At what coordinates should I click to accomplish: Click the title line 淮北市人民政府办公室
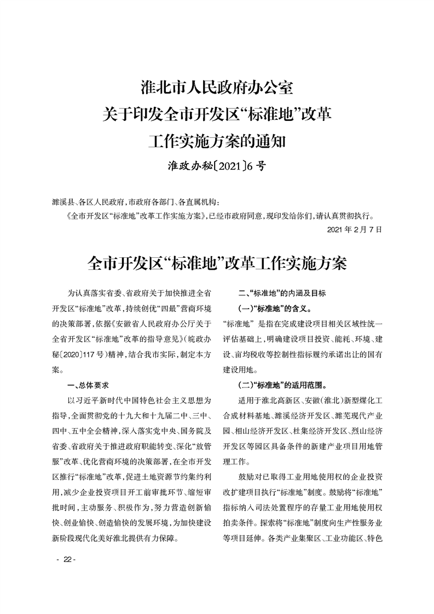217,88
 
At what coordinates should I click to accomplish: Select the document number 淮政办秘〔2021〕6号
217,166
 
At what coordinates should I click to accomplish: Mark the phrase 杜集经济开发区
317,431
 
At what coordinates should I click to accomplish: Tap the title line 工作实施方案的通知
217,142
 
